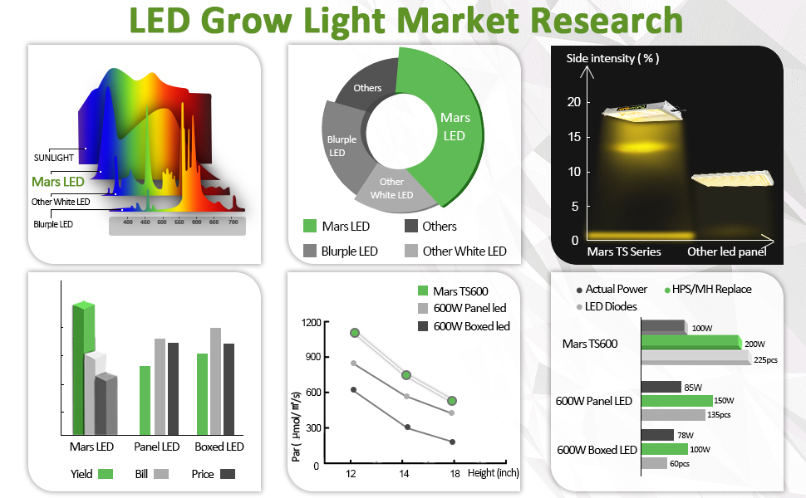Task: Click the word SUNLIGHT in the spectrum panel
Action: [54, 158]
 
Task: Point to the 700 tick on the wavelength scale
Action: [233, 222]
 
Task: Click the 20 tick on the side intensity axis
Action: [573, 102]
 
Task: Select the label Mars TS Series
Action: [624, 251]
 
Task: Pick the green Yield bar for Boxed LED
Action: [202, 394]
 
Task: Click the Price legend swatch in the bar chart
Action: [225, 474]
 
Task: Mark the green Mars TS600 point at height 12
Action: [355, 333]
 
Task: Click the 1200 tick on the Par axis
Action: [311, 323]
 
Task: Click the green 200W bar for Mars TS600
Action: [690, 342]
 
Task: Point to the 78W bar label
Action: [686, 436]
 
